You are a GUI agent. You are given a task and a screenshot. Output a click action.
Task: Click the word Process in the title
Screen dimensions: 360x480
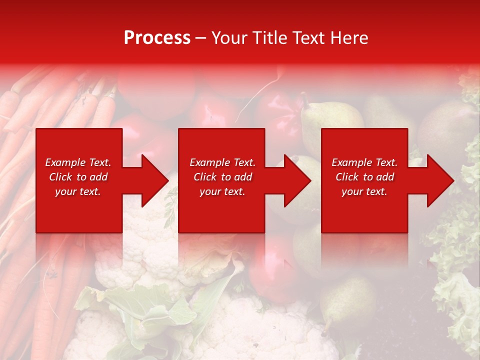click(x=157, y=38)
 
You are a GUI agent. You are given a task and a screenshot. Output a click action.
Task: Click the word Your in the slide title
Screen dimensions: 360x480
click(x=229, y=38)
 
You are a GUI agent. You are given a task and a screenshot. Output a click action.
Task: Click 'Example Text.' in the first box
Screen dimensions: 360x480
click(x=78, y=162)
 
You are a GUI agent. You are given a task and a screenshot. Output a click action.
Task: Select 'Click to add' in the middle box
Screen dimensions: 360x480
click(x=222, y=177)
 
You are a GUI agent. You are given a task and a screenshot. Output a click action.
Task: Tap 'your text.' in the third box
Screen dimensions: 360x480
click(x=364, y=191)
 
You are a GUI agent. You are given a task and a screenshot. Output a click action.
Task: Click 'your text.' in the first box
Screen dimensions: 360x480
click(x=78, y=191)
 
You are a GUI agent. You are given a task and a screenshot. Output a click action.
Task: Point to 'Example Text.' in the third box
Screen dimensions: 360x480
click(x=364, y=162)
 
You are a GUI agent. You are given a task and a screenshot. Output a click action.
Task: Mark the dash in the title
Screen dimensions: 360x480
click(x=201, y=38)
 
